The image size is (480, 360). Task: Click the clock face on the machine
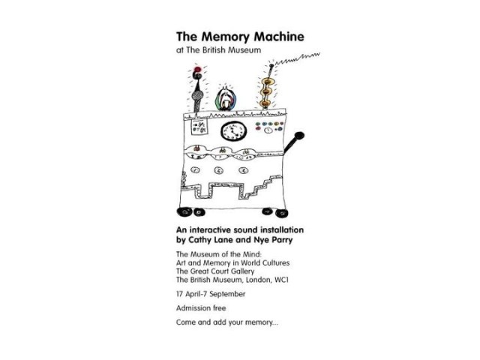[x=234, y=130]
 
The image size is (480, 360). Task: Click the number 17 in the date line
[x=180, y=295]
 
